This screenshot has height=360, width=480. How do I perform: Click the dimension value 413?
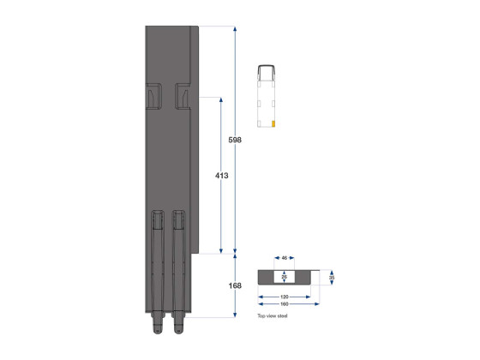[221, 176]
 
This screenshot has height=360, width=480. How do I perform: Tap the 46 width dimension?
[285, 258]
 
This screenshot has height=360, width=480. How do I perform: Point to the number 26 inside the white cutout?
[285, 277]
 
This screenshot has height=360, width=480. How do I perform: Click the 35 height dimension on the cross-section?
[331, 277]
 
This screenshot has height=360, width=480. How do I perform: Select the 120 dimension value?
[285, 295]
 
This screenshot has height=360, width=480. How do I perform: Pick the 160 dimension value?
[285, 303]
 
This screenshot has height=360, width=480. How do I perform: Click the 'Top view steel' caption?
[273, 316]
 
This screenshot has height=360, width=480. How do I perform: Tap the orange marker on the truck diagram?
[273, 123]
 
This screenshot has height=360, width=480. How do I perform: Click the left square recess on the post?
[154, 96]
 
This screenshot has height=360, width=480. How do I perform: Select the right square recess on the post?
[183, 96]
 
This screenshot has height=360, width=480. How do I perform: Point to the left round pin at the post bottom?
[158, 328]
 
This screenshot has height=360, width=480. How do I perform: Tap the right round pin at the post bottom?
[179, 328]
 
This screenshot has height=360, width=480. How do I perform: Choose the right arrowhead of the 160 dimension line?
[316, 303]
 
